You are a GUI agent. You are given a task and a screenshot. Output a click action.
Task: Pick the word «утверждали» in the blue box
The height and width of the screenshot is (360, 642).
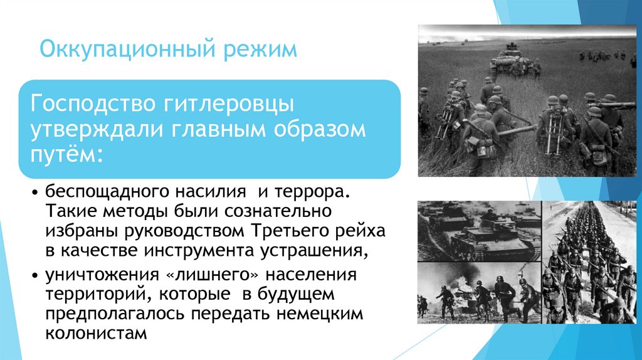95,130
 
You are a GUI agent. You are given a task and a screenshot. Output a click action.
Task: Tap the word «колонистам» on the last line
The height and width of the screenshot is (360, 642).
96,334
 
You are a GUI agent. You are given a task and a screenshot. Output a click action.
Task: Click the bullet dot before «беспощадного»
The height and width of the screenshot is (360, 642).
35,193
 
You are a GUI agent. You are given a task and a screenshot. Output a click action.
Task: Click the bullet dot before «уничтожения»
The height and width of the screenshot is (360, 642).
35,275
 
